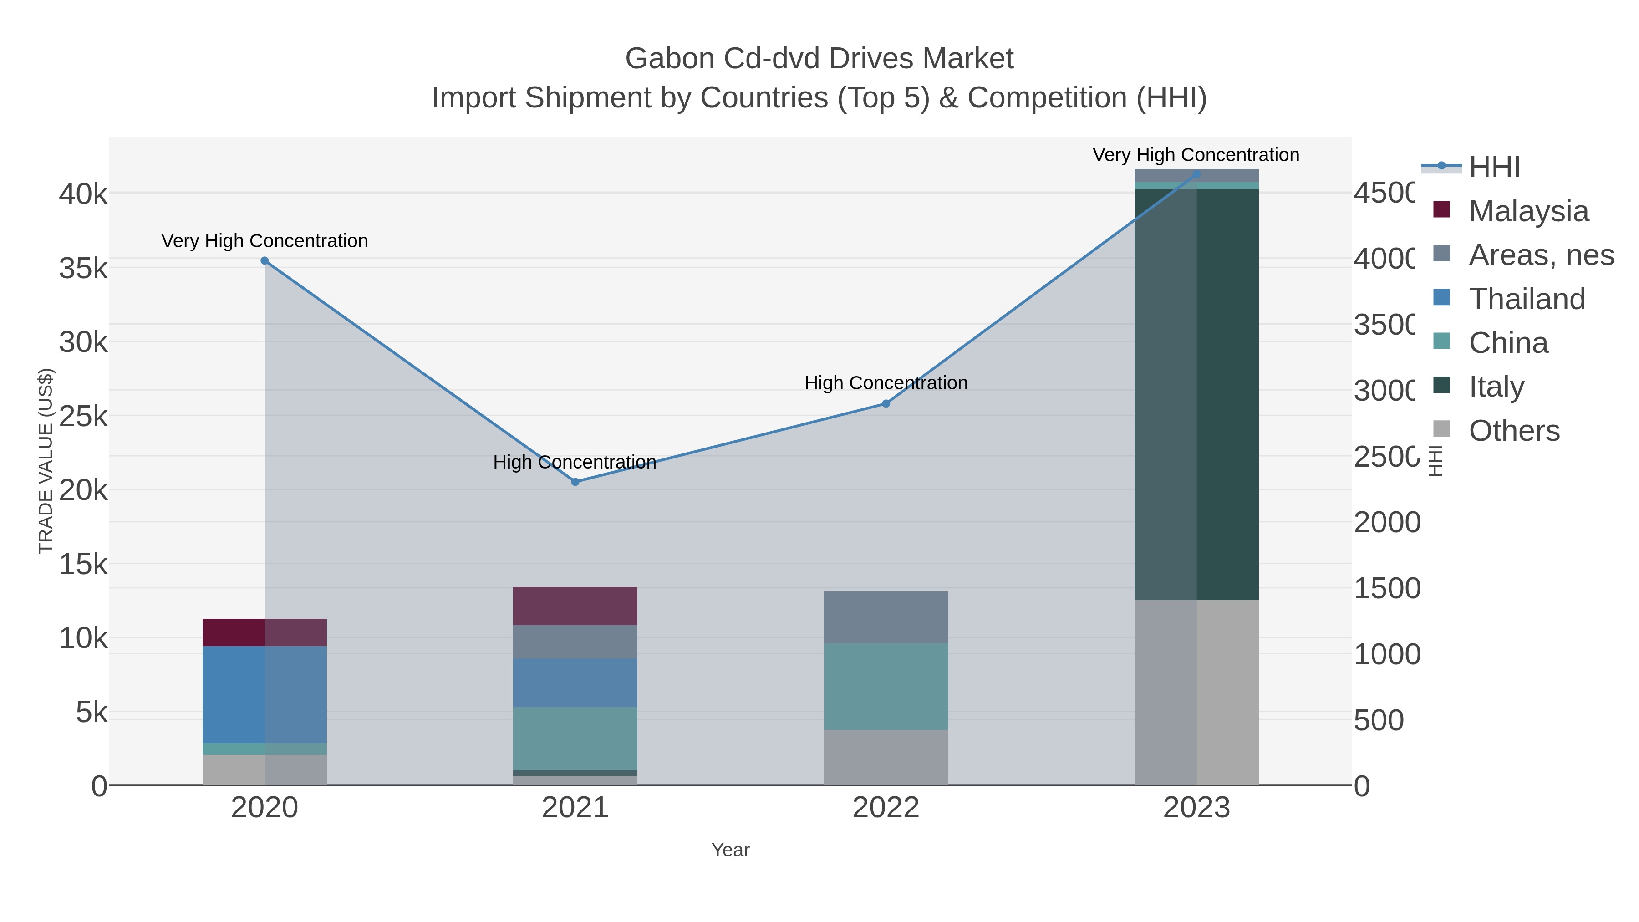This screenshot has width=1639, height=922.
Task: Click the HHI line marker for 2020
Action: coord(265,261)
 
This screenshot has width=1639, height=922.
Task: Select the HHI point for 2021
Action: coord(575,482)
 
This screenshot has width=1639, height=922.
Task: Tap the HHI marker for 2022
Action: coord(886,403)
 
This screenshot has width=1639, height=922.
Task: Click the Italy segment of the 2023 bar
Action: coord(1196,394)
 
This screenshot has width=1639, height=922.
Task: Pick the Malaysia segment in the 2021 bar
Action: coord(575,606)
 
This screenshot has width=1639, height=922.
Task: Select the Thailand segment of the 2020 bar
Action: coord(265,694)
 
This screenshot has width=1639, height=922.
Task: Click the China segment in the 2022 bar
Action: coord(886,686)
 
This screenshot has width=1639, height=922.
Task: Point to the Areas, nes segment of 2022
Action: coord(886,617)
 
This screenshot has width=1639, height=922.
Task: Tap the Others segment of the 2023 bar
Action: coord(1196,692)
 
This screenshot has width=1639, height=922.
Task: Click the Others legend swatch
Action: coord(1442,429)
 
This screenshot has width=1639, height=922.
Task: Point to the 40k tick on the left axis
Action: coord(83,194)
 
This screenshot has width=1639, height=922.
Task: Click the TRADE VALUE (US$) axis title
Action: coord(46,461)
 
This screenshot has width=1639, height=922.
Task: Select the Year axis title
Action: coord(730,850)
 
